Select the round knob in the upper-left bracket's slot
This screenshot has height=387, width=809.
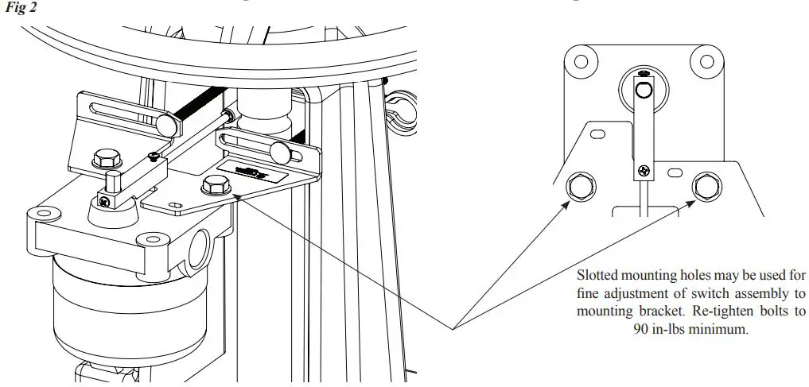pos(165,123)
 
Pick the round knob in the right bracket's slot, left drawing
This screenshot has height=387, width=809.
pos(280,150)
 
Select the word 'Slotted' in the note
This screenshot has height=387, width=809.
pos(597,276)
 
